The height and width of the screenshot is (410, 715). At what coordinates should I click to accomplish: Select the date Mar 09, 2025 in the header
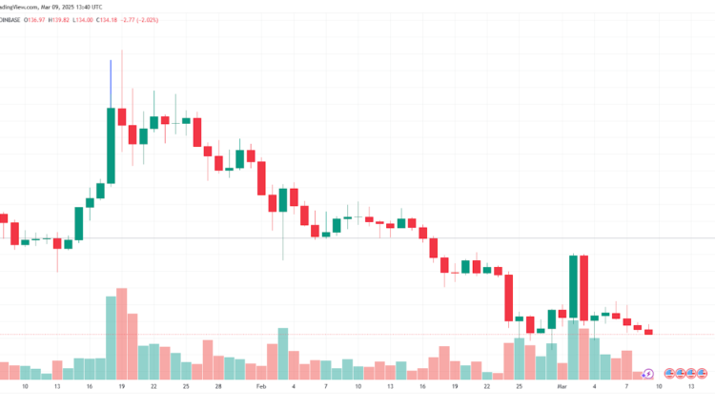point(53,7)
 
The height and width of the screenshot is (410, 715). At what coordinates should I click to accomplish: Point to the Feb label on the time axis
point(261,388)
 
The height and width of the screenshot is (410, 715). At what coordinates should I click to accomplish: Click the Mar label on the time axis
point(562,388)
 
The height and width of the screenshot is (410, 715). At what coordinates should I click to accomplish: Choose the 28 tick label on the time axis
point(218,388)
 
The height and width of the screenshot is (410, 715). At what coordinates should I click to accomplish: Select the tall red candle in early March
point(583,287)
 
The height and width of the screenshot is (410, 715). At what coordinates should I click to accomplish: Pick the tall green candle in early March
point(573,287)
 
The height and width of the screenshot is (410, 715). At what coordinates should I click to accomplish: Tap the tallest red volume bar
point(122,334)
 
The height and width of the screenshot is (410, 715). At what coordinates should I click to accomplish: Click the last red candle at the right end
point(648,332)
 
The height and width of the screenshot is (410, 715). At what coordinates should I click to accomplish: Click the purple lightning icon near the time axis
point(648,373)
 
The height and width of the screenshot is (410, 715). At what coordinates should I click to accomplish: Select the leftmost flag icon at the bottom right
point(669,373)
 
